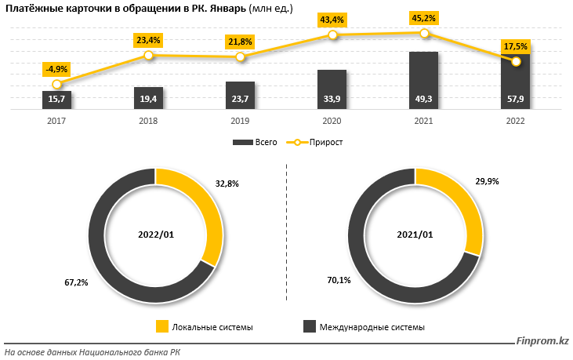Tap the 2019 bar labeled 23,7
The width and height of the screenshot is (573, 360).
tap(240, 94)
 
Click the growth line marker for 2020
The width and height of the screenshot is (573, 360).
tap(332, 35)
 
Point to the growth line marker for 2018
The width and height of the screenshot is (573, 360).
tap(148, 56)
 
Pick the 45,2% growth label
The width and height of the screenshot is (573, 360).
tap(424, 16)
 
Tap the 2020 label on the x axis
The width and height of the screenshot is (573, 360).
tap(332, 122)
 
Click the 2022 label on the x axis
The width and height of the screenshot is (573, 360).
tap(515, 122)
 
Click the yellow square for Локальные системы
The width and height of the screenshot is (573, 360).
tap(162, 326)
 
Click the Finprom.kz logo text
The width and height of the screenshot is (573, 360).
tap(542, 340)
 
